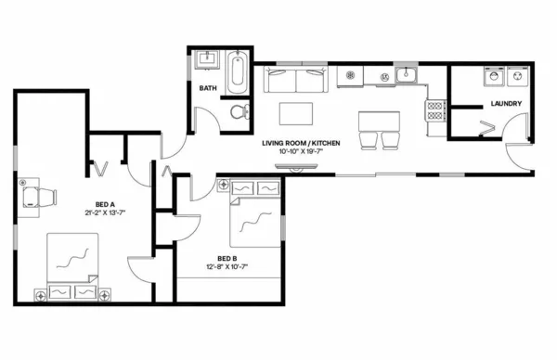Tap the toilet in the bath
240,112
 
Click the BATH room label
208,88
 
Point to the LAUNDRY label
506,103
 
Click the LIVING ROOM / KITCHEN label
301,142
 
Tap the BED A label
105,204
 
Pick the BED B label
227,258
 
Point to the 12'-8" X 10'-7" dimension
227,266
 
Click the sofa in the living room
295,80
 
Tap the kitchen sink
407,75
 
